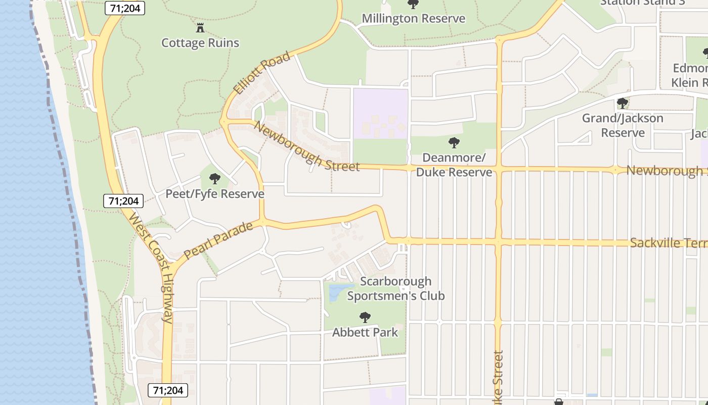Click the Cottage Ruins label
click(x=200, y=43)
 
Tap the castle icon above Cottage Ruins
click(x=200, y=27)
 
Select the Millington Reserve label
click(x=413, y=19)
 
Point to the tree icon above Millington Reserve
click(x=413, y=5)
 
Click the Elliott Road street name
click(x=262, y=72)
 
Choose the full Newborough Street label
click(x=307, y=147)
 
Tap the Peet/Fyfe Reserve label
click(x=215, y=194)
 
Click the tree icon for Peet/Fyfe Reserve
click(x=215, y=179)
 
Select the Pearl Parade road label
click(x=218, y=241)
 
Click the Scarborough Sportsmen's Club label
click(x=396, y=288)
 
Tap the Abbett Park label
click(x=365, y=333)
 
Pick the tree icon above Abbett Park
click(x=365, y=318)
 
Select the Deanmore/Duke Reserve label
click(x=454, y=165)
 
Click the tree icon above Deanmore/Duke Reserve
click(x=454, y=143)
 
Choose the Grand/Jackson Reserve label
click(x=623, y=126)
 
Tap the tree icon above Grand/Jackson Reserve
click(x=623, y=104)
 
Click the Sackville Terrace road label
click(x=668, y=244)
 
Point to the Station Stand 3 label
click(x=642, y=3)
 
